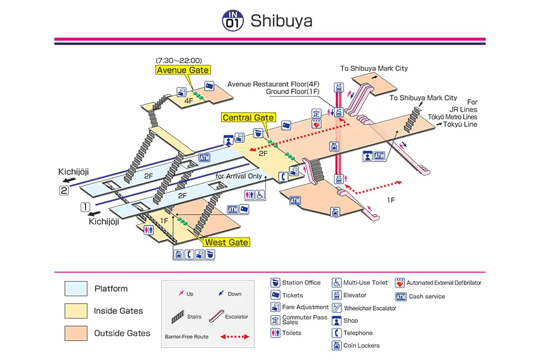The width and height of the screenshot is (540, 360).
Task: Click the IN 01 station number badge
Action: pyautogui.click(x=232, y=21)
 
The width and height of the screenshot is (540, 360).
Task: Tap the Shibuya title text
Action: pyautogui.click(x=281, y=21)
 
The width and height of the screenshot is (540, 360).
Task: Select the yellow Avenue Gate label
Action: pyautogui.click(x=183, y=70)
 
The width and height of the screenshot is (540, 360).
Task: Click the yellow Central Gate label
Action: pyautogui.click(x=248, y=117)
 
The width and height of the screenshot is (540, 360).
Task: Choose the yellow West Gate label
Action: pyautogui.click(x=225, y=243)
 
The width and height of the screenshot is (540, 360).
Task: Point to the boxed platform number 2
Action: pyautogui.click(x=64, y=191)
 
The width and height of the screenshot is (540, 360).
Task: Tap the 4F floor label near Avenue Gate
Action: pyautogui.click(x=188, y=100)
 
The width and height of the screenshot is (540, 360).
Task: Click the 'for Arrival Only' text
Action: pyautogui.click(x=238, y=176)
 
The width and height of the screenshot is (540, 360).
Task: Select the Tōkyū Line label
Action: pyautogui.click(x=460, y=124)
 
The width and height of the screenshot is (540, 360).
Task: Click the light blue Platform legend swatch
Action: pyautogui.click(x=76, y=289)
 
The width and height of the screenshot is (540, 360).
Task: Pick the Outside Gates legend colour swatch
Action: pyautogui.click(x=76, y=333)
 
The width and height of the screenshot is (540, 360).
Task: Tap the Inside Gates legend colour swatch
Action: pyautogui.click(x=76, y=311)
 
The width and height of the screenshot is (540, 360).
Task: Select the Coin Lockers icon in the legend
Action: pyautogui.click(x=337, y=345)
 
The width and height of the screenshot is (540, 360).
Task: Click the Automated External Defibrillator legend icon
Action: pyautogui.click(x=400, y=283)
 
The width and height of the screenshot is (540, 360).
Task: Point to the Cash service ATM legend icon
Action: pyautogui.click(x=400, y=296)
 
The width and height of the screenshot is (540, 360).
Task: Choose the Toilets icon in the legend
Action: pyautogui.click(x=275, y=333)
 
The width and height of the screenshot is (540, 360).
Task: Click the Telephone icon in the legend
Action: pyautogui.click(x=337, y=333)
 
